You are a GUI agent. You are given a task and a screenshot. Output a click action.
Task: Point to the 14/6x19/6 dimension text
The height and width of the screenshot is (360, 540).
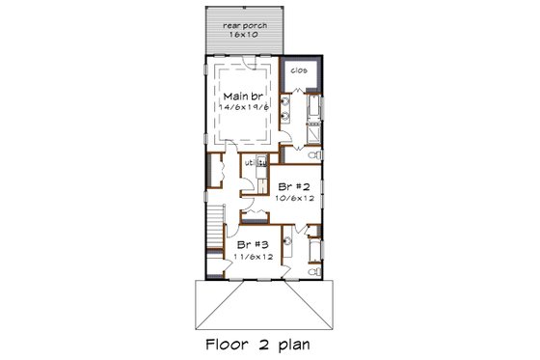(x=244, y=108)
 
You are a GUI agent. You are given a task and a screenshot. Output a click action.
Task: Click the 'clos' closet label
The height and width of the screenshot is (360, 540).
(x=299, y=70)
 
